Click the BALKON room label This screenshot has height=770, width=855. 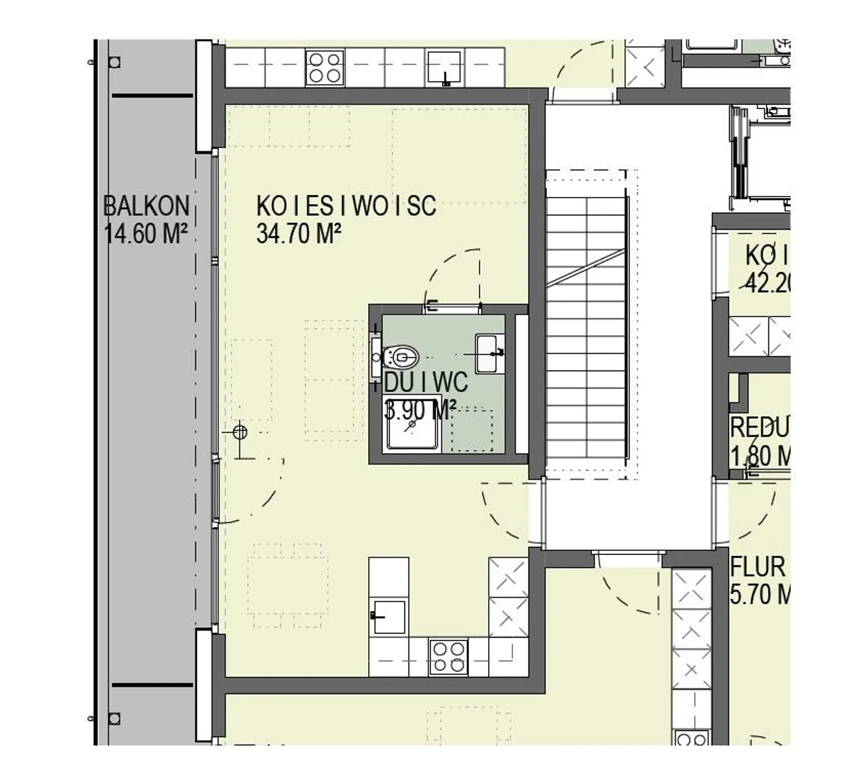point(146,206)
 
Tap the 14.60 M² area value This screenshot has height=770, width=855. point(146,233)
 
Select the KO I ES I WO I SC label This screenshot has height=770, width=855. point(346,206)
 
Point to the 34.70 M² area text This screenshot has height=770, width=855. point(298,233)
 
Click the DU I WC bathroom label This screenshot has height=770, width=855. point(426,382)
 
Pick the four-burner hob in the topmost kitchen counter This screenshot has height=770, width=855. point(325,68)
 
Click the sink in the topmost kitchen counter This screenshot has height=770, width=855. point(444,66)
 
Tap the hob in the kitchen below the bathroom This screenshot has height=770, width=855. point(448,657)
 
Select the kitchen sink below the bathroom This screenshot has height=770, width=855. point(389,617)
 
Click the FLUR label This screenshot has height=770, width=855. point(758,568)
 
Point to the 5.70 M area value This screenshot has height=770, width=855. point(759,594)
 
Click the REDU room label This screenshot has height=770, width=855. point(759,427)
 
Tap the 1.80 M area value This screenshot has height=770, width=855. point(759,456)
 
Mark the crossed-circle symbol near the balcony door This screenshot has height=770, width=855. point(240,432)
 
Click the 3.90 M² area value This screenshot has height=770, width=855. point(420,409)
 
